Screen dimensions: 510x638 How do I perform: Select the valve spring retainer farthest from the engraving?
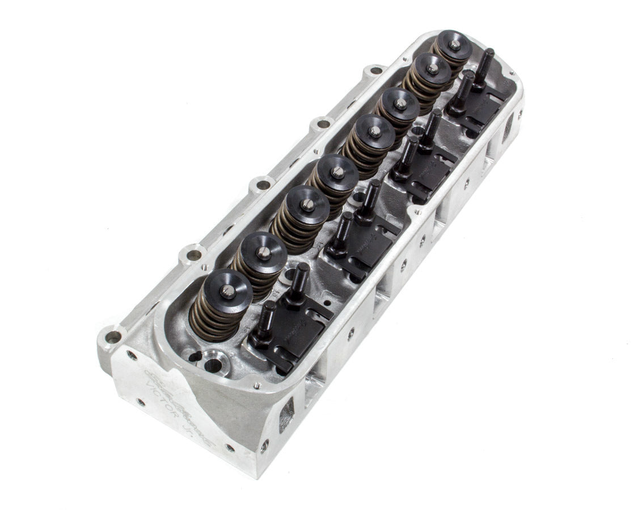pos(453,45)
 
